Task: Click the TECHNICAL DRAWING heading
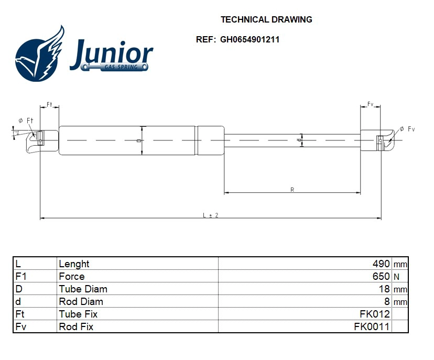(266, 20)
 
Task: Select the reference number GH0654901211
(249, 39)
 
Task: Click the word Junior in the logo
(111, 53)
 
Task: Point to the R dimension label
(292, 190)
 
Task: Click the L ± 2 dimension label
(210, 215)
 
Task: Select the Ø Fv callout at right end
(407, 129)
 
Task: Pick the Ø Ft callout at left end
(26, 121)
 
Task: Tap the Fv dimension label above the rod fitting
(370, 104)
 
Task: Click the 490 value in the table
(381, 264)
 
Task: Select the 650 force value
(381, 277)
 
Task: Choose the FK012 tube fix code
(376, 314)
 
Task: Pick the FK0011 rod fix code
(372, 327)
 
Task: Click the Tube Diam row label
(83, 289)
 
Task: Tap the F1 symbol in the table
(21, 277)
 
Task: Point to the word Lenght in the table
(74, 264)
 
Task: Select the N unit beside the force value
(396, 277)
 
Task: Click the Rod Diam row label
(81, 302)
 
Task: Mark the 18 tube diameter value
(385, 289)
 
